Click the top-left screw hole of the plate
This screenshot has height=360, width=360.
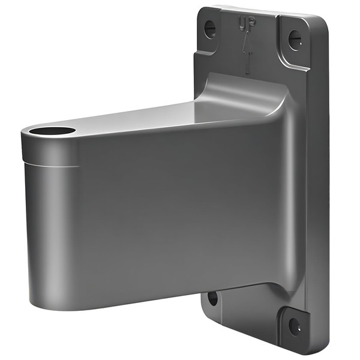209,28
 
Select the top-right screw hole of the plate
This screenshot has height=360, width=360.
293,40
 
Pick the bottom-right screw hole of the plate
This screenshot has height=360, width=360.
294,327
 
